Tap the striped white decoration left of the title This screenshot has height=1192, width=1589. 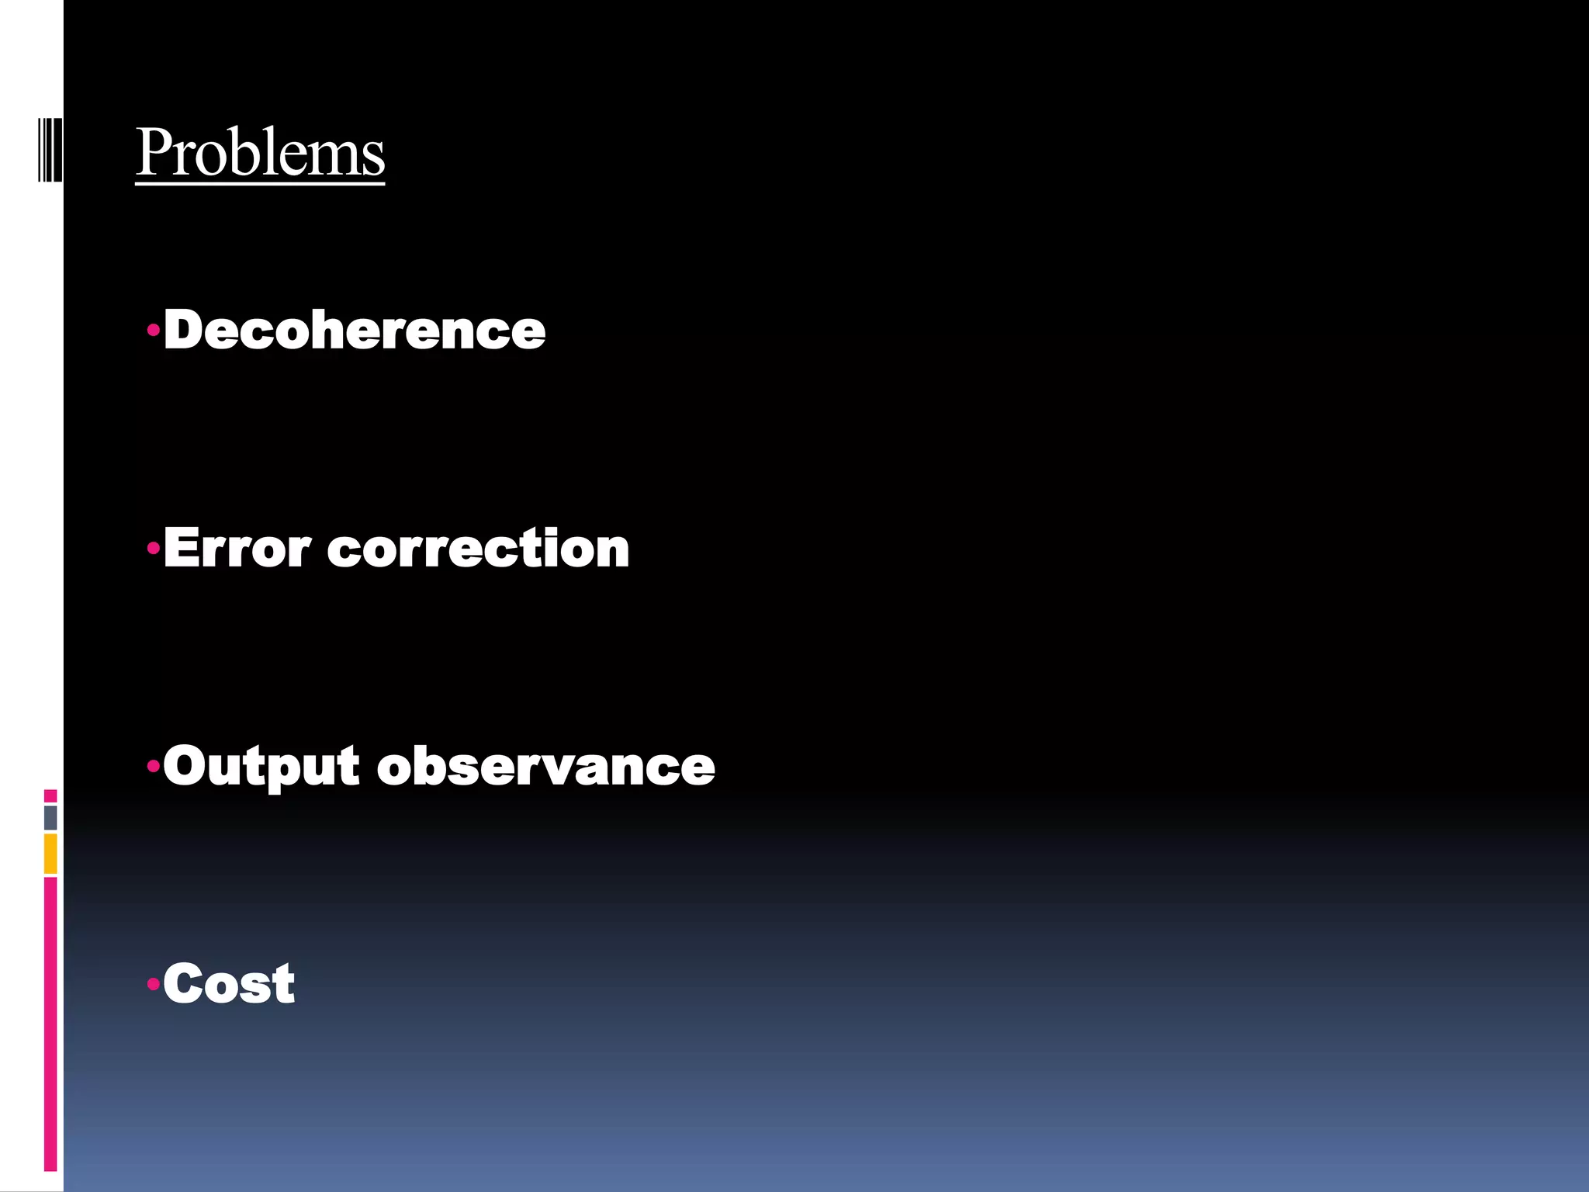click(x=50, y=149)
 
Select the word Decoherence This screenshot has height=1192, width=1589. click(x=355, y=331)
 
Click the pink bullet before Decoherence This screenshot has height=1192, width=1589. click(x=154, y=331)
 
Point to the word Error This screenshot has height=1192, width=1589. click(x=237, y=549)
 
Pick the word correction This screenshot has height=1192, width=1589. click(x=478, y=549)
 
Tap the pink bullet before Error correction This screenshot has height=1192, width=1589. click(x=154, y=549)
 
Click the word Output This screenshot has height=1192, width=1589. click(x=261, y=767)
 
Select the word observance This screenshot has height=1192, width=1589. click(x=545, y=767)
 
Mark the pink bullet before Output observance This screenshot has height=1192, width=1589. click(x=154, y=767)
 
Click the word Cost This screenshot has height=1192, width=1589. click(x=229, y=984)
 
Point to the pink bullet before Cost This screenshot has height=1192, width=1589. click(x=154, y=984)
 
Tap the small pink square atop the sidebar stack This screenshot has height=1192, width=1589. click(x=50, y=795)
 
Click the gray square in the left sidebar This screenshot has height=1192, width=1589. click(x=50, y=817)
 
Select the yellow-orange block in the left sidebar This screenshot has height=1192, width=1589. click(x=50, y=854)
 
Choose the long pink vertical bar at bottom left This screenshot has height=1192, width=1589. click(x=50, y=1024)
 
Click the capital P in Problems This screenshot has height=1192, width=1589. click(x=154, y=152)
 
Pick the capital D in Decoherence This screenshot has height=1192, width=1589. click(x=183, y=331)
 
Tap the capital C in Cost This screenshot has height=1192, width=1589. click(x=183, y=984)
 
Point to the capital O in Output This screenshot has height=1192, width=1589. click(x=185, y=765)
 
